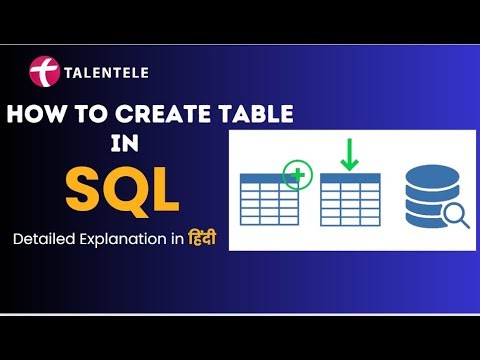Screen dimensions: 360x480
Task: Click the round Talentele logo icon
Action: [x=44, y=73]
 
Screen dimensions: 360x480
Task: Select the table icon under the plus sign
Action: [x=269, y=197]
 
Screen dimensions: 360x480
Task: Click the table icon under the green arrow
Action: [x=351, y=197]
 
